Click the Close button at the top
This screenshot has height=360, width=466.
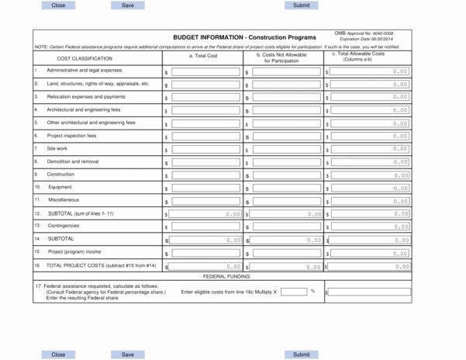58,5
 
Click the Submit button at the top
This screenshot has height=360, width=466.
301,5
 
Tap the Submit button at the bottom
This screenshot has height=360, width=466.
301,355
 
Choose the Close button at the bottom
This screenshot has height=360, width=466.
58,355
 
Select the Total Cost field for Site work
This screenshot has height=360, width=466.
205,149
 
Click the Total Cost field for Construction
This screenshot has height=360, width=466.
205,175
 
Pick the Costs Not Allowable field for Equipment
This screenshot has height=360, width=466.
285,188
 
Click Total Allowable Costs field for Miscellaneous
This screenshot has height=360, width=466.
369,201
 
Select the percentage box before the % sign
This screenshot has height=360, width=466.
294,292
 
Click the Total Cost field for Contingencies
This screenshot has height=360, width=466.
205,227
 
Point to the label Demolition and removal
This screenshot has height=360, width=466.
73,161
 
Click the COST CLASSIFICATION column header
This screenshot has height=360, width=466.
85,58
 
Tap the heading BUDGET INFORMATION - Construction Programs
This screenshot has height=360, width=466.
244,37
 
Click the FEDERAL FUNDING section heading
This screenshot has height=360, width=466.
226,276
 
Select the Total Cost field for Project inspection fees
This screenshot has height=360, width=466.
205,136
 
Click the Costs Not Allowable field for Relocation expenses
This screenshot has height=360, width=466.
285,97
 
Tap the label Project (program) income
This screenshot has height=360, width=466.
74,251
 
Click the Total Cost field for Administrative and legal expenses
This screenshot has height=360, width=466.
205,71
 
